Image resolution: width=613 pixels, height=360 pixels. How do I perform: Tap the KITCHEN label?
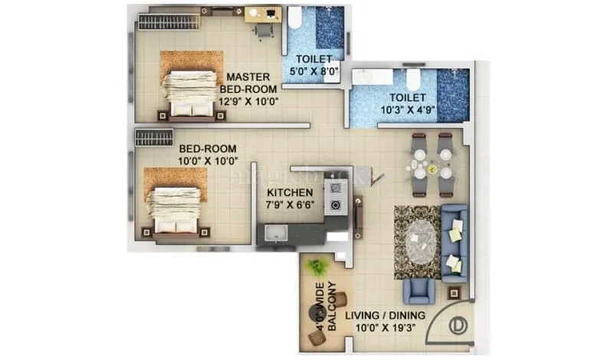[x=289, y=192]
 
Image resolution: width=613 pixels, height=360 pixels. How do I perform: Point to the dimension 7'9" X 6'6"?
[x=289, y=206]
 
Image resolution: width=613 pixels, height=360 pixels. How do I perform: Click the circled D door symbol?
[x=458, y=324]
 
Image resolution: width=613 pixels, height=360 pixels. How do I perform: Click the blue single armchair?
[x=418, y=290]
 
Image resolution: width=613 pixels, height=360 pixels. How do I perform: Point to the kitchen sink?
[x=274, y=233]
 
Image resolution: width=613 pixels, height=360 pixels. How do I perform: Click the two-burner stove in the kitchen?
[x=335, y=195]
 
